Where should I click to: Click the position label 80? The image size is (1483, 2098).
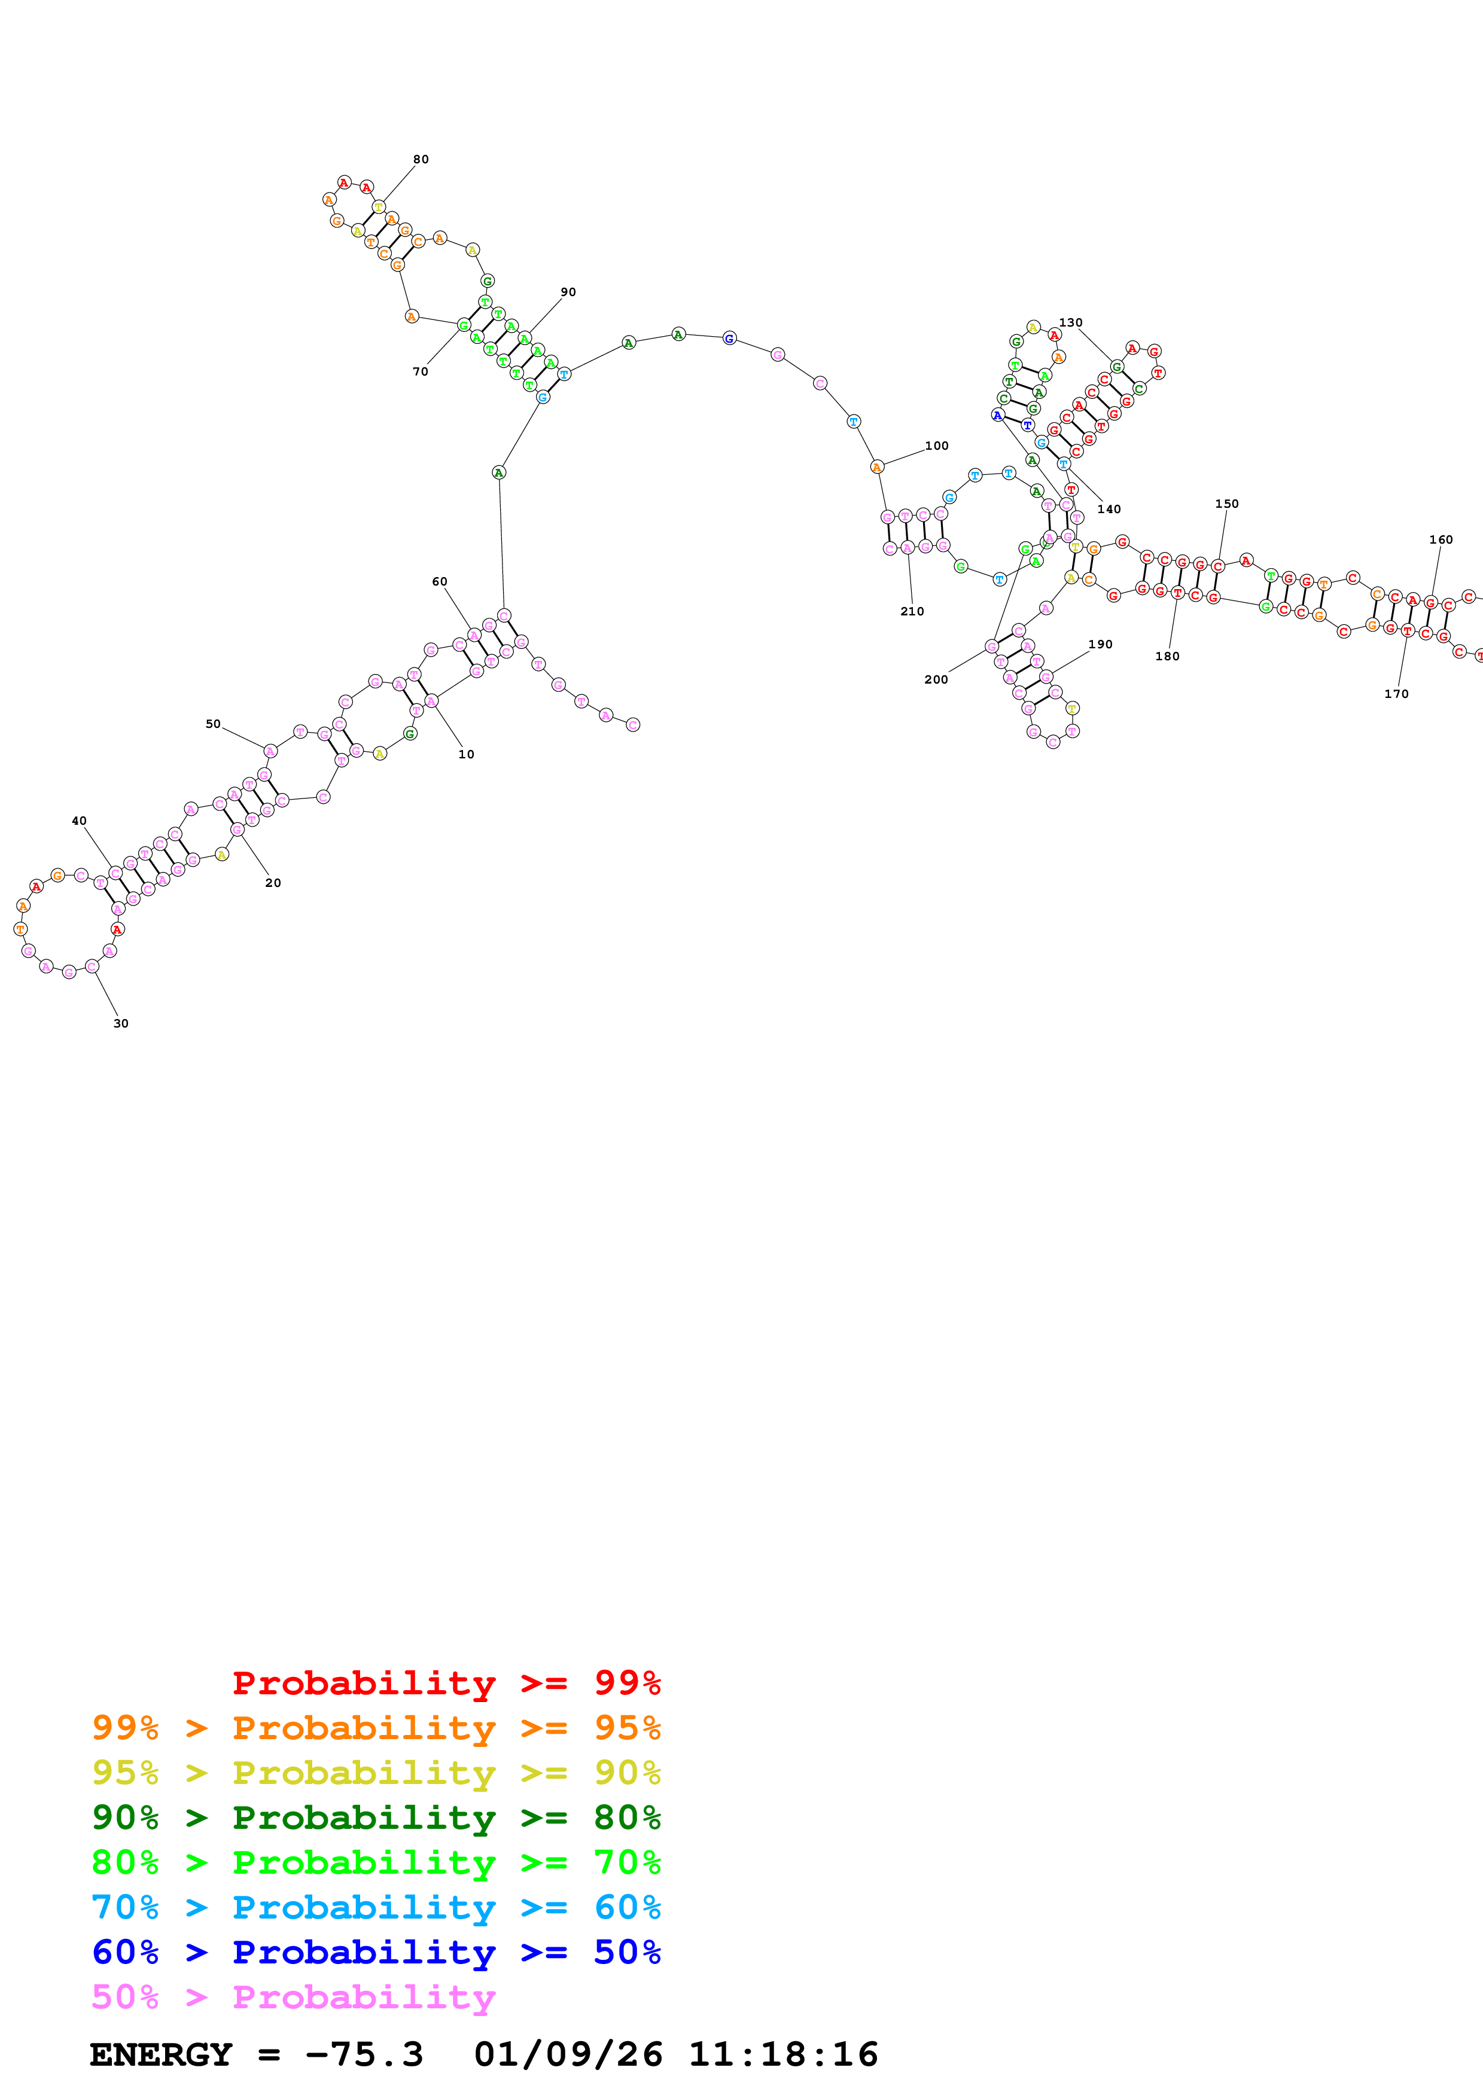tap(421, 159)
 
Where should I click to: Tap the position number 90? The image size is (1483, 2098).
tap(568, 292)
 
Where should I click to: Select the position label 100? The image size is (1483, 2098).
tap(937, 446)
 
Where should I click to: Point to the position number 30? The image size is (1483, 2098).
tap(121, 1023)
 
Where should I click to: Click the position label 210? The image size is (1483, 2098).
tap(912, 611)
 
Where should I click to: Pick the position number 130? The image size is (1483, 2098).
tap(1070, 322)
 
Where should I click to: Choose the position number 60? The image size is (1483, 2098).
tap(440, 581)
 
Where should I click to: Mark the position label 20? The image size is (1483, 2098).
tap(273, 883)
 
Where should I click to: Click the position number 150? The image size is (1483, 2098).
tap(1226, 504)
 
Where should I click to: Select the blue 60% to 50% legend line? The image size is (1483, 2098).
tap(376, 1952)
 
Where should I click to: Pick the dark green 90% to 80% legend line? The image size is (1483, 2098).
tap(376, 1818)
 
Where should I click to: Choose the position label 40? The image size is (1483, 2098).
tap(80, 821)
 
